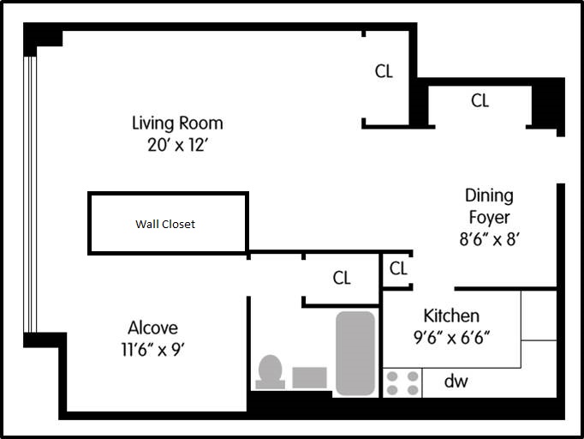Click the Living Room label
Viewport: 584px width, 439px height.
pyautogui.click(x=177, y=123)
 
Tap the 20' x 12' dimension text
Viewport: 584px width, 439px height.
pyautogui.click(x=177, y=145)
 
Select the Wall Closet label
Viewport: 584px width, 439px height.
pyautogui.click(x=165, y=224)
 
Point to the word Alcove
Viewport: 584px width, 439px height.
pyautogui.click(x=152, y=328)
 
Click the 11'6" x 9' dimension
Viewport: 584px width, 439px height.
pyautogui.click(x=153, y=350)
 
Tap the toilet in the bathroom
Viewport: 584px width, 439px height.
pyautogui.click(x=270, y=372)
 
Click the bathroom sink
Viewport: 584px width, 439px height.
pyautogui.click(x=309, y=377)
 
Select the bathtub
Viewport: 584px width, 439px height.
pyautogui.click(x=355, y=353)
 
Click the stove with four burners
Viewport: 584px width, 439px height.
pyautogui.click(x=402, y=383)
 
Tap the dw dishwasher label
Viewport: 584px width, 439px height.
pyautogui.click(x=456, y=382)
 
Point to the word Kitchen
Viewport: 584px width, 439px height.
pyautogui.click(x=451, y=316)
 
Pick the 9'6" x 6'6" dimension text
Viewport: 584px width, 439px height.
pyautogui.click(x=451, y=338)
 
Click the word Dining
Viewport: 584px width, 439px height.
pyautogui.click(x=490, y=196)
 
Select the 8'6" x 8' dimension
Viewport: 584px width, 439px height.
pyautogui.click(x=490, y=239)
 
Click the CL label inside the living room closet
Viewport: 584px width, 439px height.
pyautogui.click(x=384, y=71)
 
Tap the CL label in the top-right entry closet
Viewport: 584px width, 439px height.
pyautogui.click(x=480, y=100)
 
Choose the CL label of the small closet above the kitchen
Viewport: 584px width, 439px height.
pyautogui.click(x=398, y=268)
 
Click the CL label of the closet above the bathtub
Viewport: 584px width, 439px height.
pyautogui.click(x=342, y=279)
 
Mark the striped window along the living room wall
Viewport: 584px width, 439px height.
pyautogui.click(x=30, y=195)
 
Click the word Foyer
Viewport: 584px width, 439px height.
pyautogui.click(x=490, y=218)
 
